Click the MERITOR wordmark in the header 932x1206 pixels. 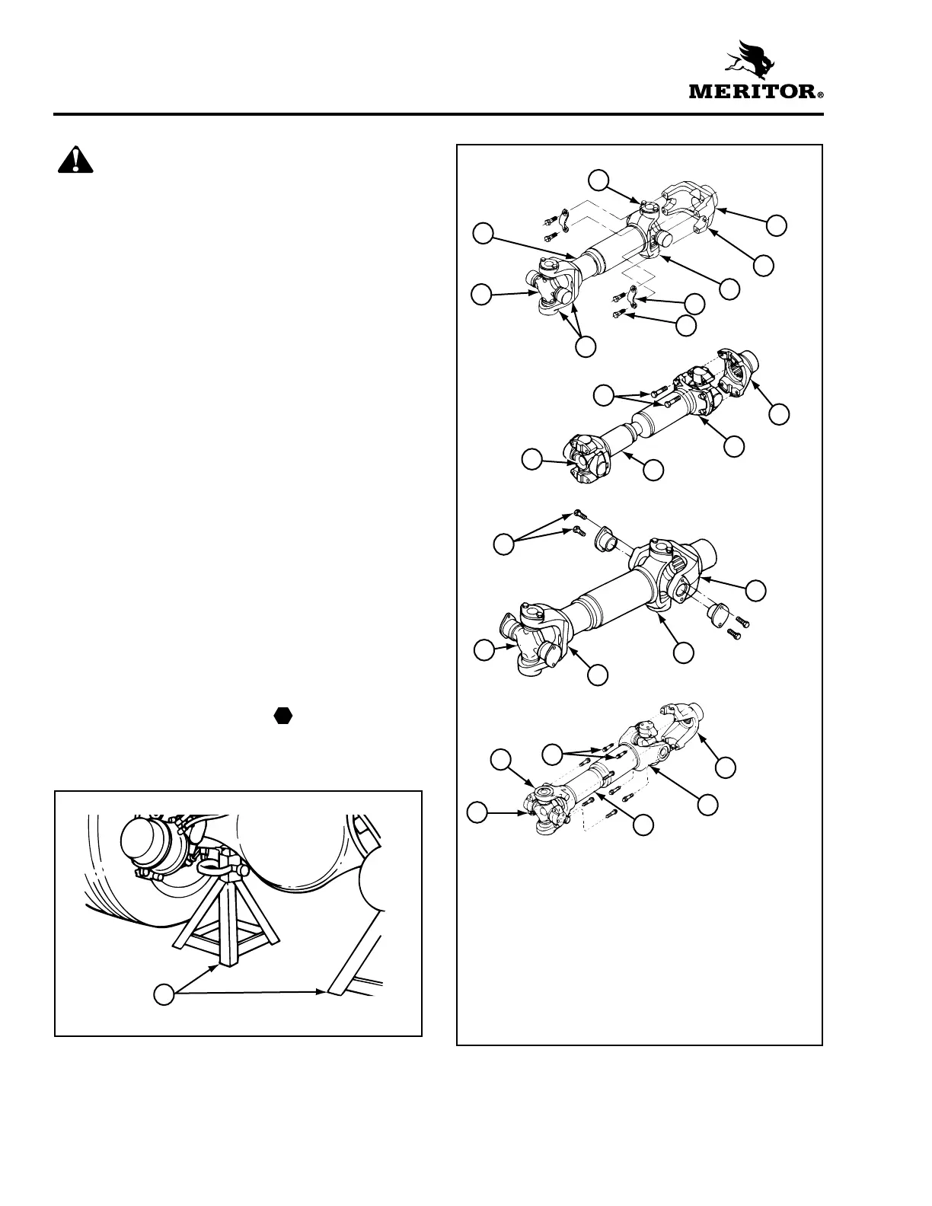[752, 92]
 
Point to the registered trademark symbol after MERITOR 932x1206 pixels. [820, 97]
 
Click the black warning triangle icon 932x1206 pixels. [75, 161]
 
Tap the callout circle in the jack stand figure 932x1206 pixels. [164, 993]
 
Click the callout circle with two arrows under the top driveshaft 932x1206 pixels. [585, 346]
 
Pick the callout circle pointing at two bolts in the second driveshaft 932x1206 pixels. [604, 394]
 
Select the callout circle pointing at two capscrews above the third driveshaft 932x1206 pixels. [503, 544]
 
